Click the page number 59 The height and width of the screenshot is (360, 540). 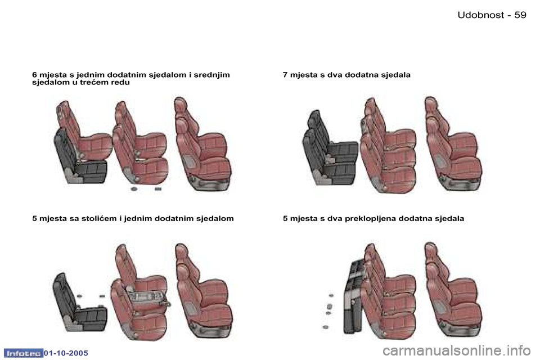click(x=520, y=15)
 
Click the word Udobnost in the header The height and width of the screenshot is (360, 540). click(x=481, y=15)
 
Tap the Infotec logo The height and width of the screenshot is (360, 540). click(x=23, y=353)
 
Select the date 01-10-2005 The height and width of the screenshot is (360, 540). click(x=66, y=353)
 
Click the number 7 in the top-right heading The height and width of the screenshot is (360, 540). click(x=285, y=75)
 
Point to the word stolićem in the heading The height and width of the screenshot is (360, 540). click(x=100, y=218)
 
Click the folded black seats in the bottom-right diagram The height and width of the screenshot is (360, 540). click(x=353, y=298)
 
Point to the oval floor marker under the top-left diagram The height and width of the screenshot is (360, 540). click(x=134, y=189)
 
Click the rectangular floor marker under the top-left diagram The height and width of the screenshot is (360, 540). click(x=158, y=189)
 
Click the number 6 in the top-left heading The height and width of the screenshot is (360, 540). click(x=34, y=75)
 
